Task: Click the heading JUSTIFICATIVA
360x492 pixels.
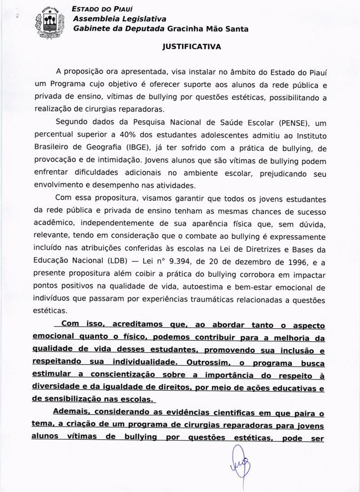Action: [192, 46]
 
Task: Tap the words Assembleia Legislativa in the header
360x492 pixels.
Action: [120, 19]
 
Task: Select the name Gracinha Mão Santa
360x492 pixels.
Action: [208, 29]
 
